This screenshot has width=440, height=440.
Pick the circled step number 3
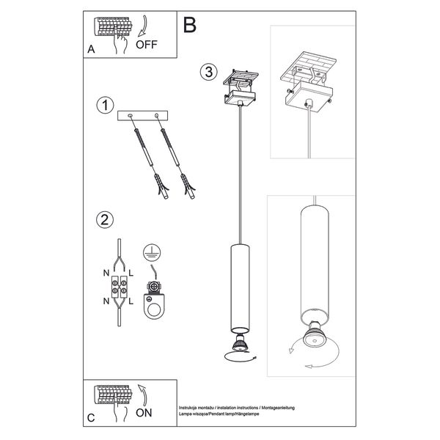(209, 72)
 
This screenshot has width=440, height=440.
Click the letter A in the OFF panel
(91, 50)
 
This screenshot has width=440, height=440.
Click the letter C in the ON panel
(91, 417)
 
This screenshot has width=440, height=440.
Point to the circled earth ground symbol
(153, 251)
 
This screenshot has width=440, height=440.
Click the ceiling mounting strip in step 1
(144, 116)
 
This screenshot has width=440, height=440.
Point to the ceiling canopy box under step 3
(241, 95)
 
